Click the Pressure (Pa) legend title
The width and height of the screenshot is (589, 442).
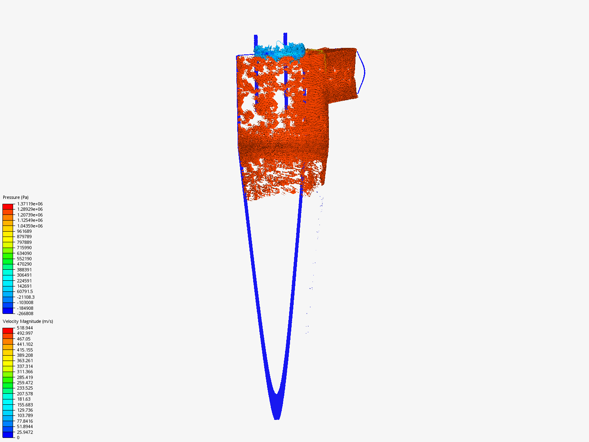click(16, 197)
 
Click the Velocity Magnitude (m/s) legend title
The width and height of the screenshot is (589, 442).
click(28, 321)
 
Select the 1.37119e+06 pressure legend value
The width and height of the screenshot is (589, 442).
click(30, 204)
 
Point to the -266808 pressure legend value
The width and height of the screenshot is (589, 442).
click(25, 313)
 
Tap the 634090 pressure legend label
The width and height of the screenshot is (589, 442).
click(24, 253)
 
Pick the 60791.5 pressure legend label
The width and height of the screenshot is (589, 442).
click(25, 291)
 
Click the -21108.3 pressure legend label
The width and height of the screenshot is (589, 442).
click(26, 297)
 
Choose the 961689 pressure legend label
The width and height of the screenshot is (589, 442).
click(24, 231)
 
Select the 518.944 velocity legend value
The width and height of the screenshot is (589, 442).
click(25, 328)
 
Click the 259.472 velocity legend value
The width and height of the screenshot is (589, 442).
click(25, 383)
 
